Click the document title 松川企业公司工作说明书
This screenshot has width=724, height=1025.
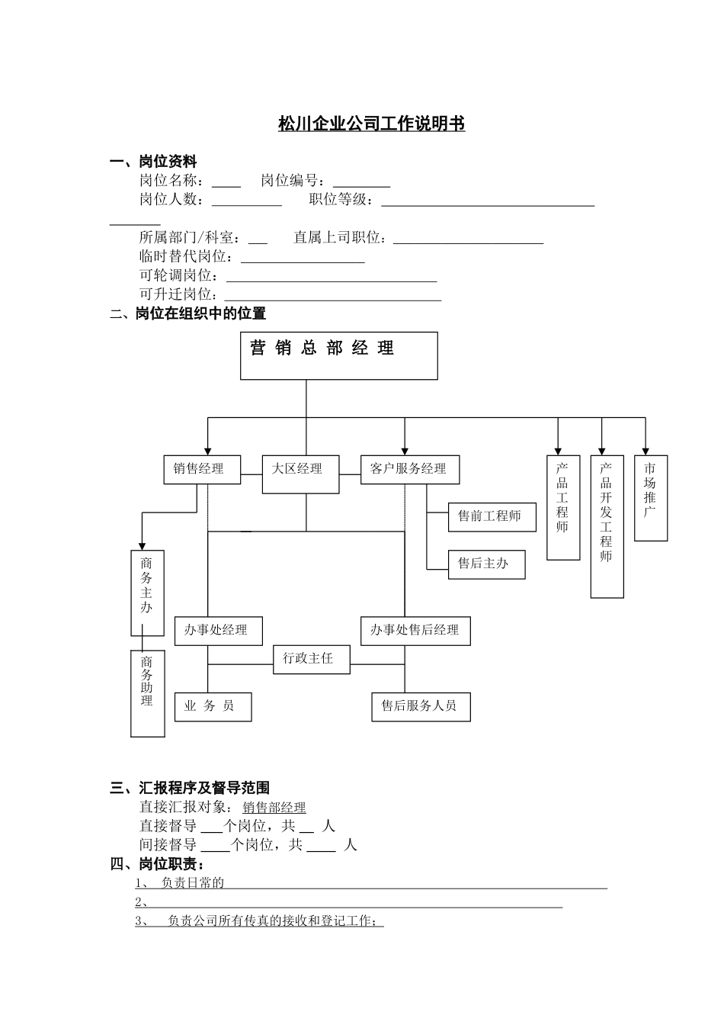tap(371, 124)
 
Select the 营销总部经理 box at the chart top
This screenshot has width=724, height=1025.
tap(338, 355)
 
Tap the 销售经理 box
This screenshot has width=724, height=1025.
tap(202, 469)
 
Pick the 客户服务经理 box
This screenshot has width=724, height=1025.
tap(409, 469)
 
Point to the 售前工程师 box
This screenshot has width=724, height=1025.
tap(486, 516)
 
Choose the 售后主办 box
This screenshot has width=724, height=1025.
tap(486, 564)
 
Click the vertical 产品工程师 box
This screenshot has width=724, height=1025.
tap(563, 507)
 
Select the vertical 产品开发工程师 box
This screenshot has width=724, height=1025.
tap(607, 526)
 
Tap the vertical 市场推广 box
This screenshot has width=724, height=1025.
tap(650, 498)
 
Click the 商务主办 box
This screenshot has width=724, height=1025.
tap(147, 593)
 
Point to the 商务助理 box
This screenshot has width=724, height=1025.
tap(147, 692)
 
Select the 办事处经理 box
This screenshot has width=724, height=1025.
tap(219, 631)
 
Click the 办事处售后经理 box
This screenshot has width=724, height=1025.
tap(415, 631)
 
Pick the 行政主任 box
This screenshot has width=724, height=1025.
tap(311, 658)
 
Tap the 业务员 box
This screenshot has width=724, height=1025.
tap(213, 707)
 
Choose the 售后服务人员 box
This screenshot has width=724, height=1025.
tap(420, 706)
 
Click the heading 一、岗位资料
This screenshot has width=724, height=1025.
tap(153, 162)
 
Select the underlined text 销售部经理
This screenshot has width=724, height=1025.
tap(274, 808)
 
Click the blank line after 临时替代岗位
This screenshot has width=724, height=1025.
tap(303, 258)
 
